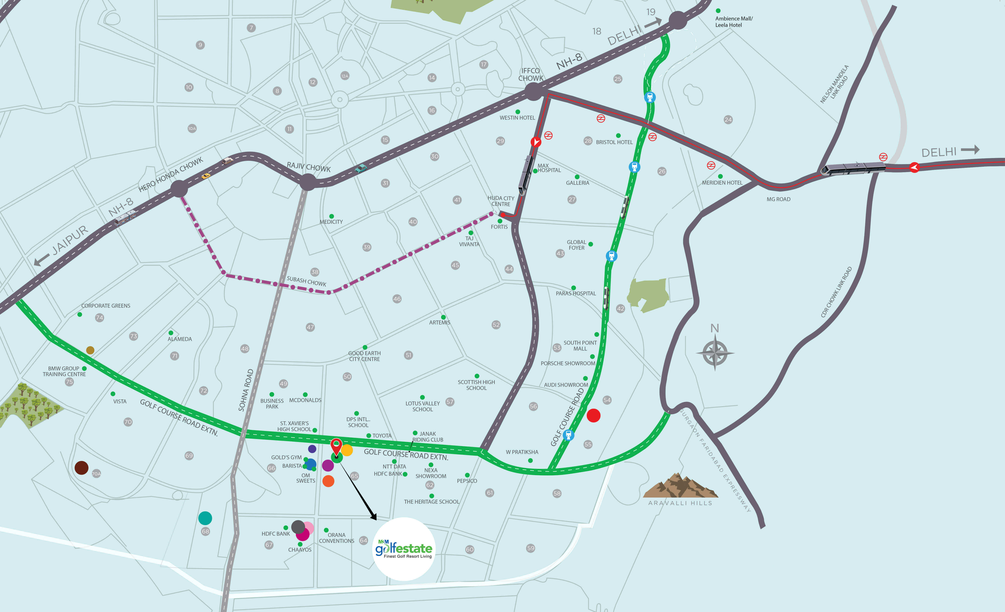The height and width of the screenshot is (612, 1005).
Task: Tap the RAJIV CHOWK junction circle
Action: [x=308, y=182]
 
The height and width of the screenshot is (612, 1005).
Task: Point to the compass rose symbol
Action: [x=715, y=353]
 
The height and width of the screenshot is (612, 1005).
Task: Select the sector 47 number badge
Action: [x=310, y=327]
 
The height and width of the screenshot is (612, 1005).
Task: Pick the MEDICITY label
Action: [x=331, y=222]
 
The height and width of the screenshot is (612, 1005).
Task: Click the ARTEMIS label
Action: [x=440, y=322]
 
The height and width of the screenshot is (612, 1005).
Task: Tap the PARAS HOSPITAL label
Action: [x=576, y=293]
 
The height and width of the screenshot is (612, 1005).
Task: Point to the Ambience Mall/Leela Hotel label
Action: [x=734, y=22]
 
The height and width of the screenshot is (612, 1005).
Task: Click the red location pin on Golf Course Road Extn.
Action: [x=336, y=446]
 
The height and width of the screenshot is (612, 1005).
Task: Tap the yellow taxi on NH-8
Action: [x=206, y=176]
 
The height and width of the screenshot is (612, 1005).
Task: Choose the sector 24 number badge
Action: [x=728, y=119]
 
